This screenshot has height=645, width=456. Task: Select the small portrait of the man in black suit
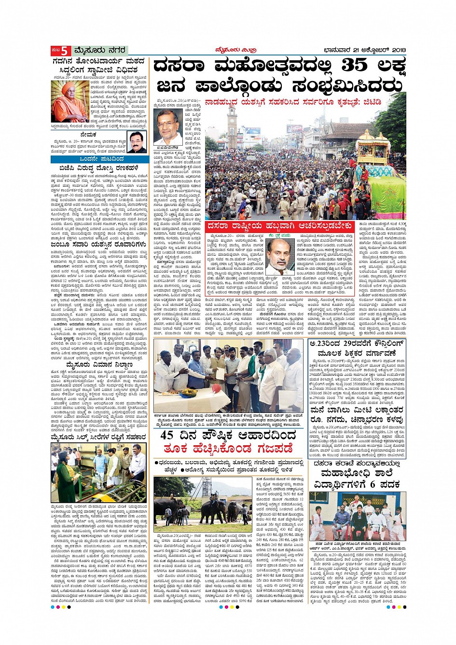coord(138,142)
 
